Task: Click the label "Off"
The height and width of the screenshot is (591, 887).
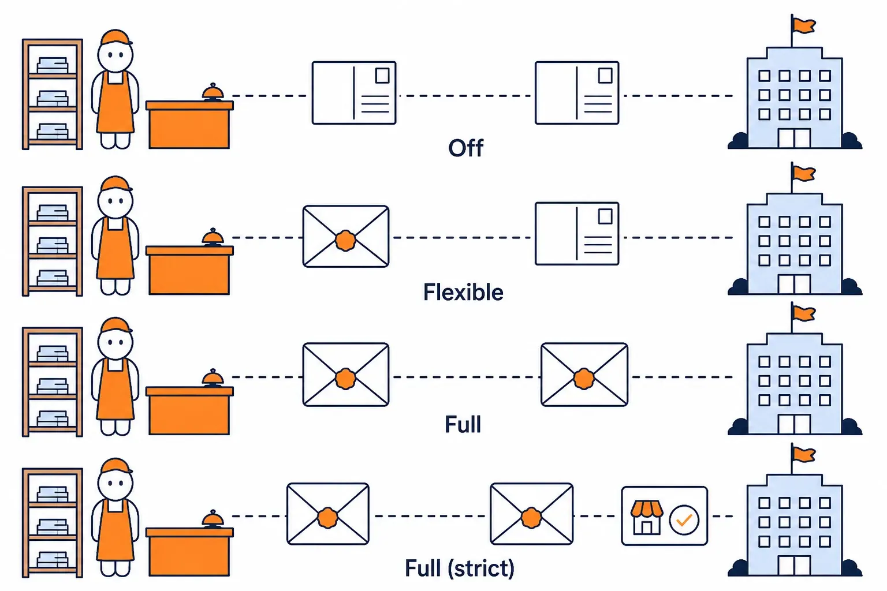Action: click(465, 148)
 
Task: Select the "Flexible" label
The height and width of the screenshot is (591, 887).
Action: click(463, 292)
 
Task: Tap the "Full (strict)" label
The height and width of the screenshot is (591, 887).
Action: click(459, 568)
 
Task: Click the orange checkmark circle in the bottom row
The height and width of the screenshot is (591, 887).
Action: click(684, 520)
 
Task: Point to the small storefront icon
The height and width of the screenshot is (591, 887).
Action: click(647, 517)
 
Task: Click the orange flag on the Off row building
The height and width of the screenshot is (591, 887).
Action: click(803, 26)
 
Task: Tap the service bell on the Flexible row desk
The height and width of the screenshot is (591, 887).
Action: click(213, 238)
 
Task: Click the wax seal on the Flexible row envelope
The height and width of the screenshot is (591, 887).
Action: click(346, 241)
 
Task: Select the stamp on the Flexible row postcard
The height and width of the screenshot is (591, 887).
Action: click(605, 216)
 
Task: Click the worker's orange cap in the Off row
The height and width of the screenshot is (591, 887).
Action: click(115, 38)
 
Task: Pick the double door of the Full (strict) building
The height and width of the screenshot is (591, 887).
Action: click(794, 565)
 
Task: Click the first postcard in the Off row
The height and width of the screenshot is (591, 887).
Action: click(354, 92)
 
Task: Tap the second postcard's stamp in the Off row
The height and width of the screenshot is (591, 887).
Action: click(605, 75)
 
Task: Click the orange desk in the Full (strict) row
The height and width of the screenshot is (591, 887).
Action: click(189, 552)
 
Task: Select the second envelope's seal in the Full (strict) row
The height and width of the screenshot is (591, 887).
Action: click(531, 518)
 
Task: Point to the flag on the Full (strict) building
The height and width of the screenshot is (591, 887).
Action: click(803, 454)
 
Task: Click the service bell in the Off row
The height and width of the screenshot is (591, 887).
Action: click(213, 92)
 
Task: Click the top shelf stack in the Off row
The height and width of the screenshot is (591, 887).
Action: click(53, 65)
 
